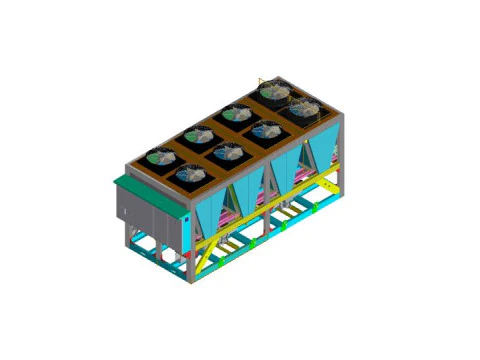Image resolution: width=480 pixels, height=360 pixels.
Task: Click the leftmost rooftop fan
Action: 160,157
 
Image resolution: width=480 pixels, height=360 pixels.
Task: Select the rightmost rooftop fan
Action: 304,106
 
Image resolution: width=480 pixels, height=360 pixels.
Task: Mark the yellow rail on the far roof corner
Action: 262,80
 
